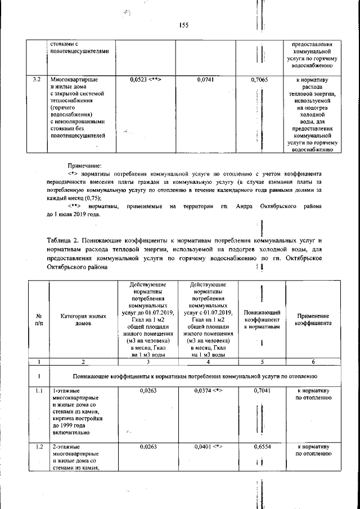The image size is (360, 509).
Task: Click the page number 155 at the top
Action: tap(183, 25)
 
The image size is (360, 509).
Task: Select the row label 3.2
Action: tap(38, 80)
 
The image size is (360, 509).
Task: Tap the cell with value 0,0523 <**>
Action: tap(146, 80)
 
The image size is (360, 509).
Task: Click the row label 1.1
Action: tap(38, 390)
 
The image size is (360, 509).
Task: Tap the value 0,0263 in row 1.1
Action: tap(146, 390)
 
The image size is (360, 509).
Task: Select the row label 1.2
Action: tap(38, 447)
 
